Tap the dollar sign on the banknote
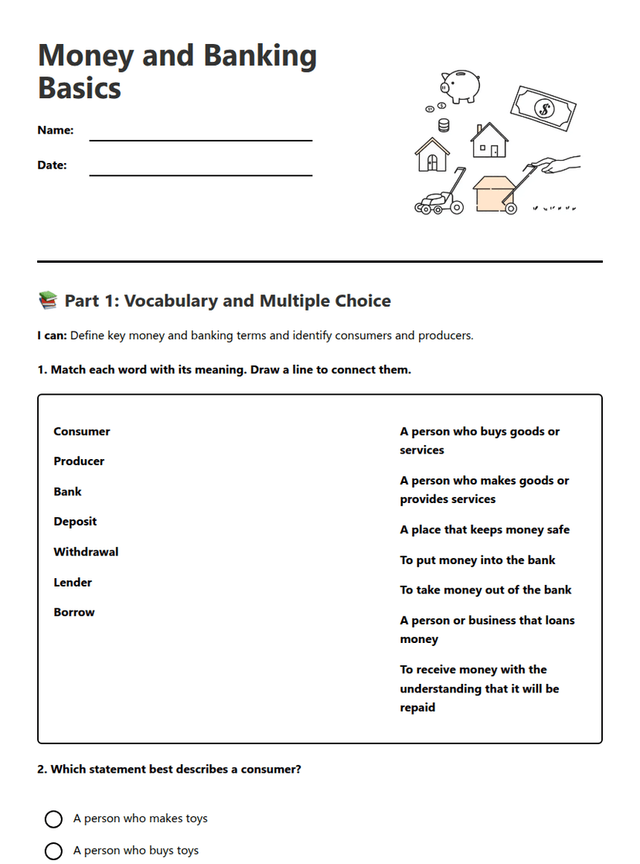(x=544, y=109)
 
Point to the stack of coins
(x=444, y=125)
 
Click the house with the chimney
(x=489, y=141)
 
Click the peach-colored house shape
(x=493, y=193)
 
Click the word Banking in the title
(x=260, y=56)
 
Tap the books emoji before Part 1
(x=47, y=301)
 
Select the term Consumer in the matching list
(x=82, y=431)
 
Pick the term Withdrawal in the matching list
(x=86, y=552)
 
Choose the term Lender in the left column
(x=73, y=582)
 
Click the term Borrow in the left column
(x=74, y=612)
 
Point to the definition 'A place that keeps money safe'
(x=485, y=530)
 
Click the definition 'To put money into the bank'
(x=478, y=560)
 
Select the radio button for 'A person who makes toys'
(x=53, y=819)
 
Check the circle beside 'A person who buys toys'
(x=53, y=851)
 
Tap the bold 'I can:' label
(x=52, y=335)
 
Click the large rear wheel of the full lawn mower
(x=456, y=207)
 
